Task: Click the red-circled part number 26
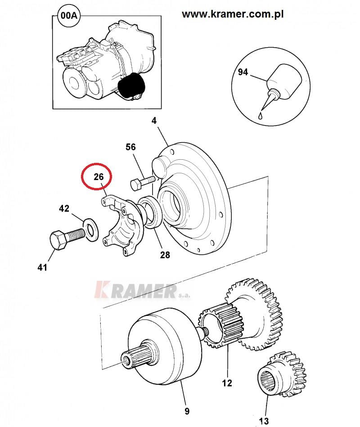pos(99,177)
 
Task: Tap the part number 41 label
pos(42,267)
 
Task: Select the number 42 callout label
pos(64,208)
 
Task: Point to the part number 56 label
pos(130,147)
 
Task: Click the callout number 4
pos(154,121)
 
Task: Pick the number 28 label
pos(165,255)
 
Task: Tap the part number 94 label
pos(243,72)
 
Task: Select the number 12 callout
pos(226,383)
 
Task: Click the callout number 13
pos(264,421)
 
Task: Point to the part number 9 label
pos(187,411)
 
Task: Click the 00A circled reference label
pos(69,15)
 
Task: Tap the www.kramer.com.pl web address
pos(233,14)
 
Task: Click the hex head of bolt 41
pos(58,240)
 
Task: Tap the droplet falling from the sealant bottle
pos(261,116)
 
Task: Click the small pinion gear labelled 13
pos(282,374)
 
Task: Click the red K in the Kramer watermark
pos(103,289)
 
